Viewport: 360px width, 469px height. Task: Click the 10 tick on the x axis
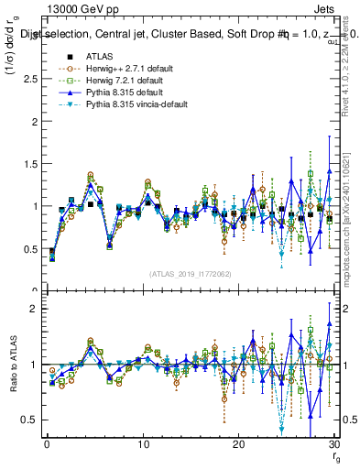[x=142, y=445]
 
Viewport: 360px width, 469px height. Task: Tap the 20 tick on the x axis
[x=238, y=445]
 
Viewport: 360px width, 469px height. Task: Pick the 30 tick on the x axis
[x=333, y=445]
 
